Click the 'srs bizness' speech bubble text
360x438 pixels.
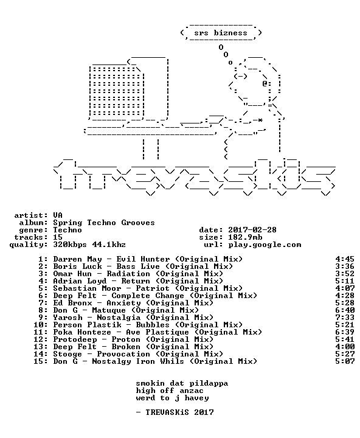[221, 33]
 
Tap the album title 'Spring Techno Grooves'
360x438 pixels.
[104, 223]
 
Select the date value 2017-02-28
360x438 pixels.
[252, 230]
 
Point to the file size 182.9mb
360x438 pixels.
[245, 237]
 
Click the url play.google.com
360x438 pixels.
[265, 245]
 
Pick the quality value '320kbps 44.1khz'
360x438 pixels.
[89, 245]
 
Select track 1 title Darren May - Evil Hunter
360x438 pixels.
[111, 259]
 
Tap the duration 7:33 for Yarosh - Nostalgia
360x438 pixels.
[345, 318]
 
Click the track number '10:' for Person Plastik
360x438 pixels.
[41, 325]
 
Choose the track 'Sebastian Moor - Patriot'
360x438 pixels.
[111, 288]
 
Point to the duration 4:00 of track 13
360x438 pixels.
[345, 346]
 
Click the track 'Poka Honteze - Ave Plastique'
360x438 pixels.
[121, 332]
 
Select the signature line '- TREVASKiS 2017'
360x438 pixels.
[175, 412]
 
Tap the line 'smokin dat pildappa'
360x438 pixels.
[182, 383]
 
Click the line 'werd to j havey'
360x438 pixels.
[172, 398]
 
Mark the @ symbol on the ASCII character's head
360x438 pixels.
[265, 83]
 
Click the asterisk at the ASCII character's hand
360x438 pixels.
[260, 120]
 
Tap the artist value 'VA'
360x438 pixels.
[58, 215]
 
